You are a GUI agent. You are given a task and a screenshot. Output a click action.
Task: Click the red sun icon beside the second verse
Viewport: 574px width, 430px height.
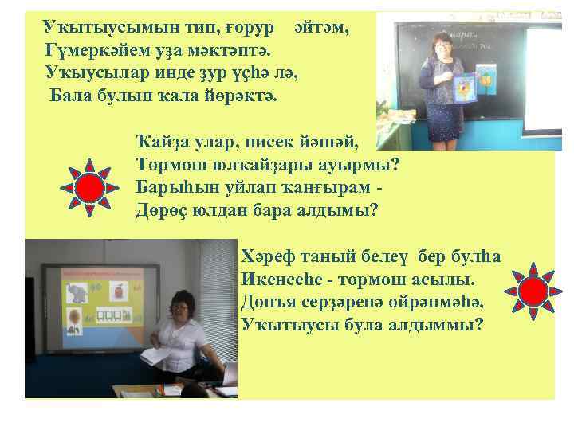click(90, 188)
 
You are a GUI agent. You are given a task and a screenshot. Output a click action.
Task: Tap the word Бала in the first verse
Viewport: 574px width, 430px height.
click(69, 97)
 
